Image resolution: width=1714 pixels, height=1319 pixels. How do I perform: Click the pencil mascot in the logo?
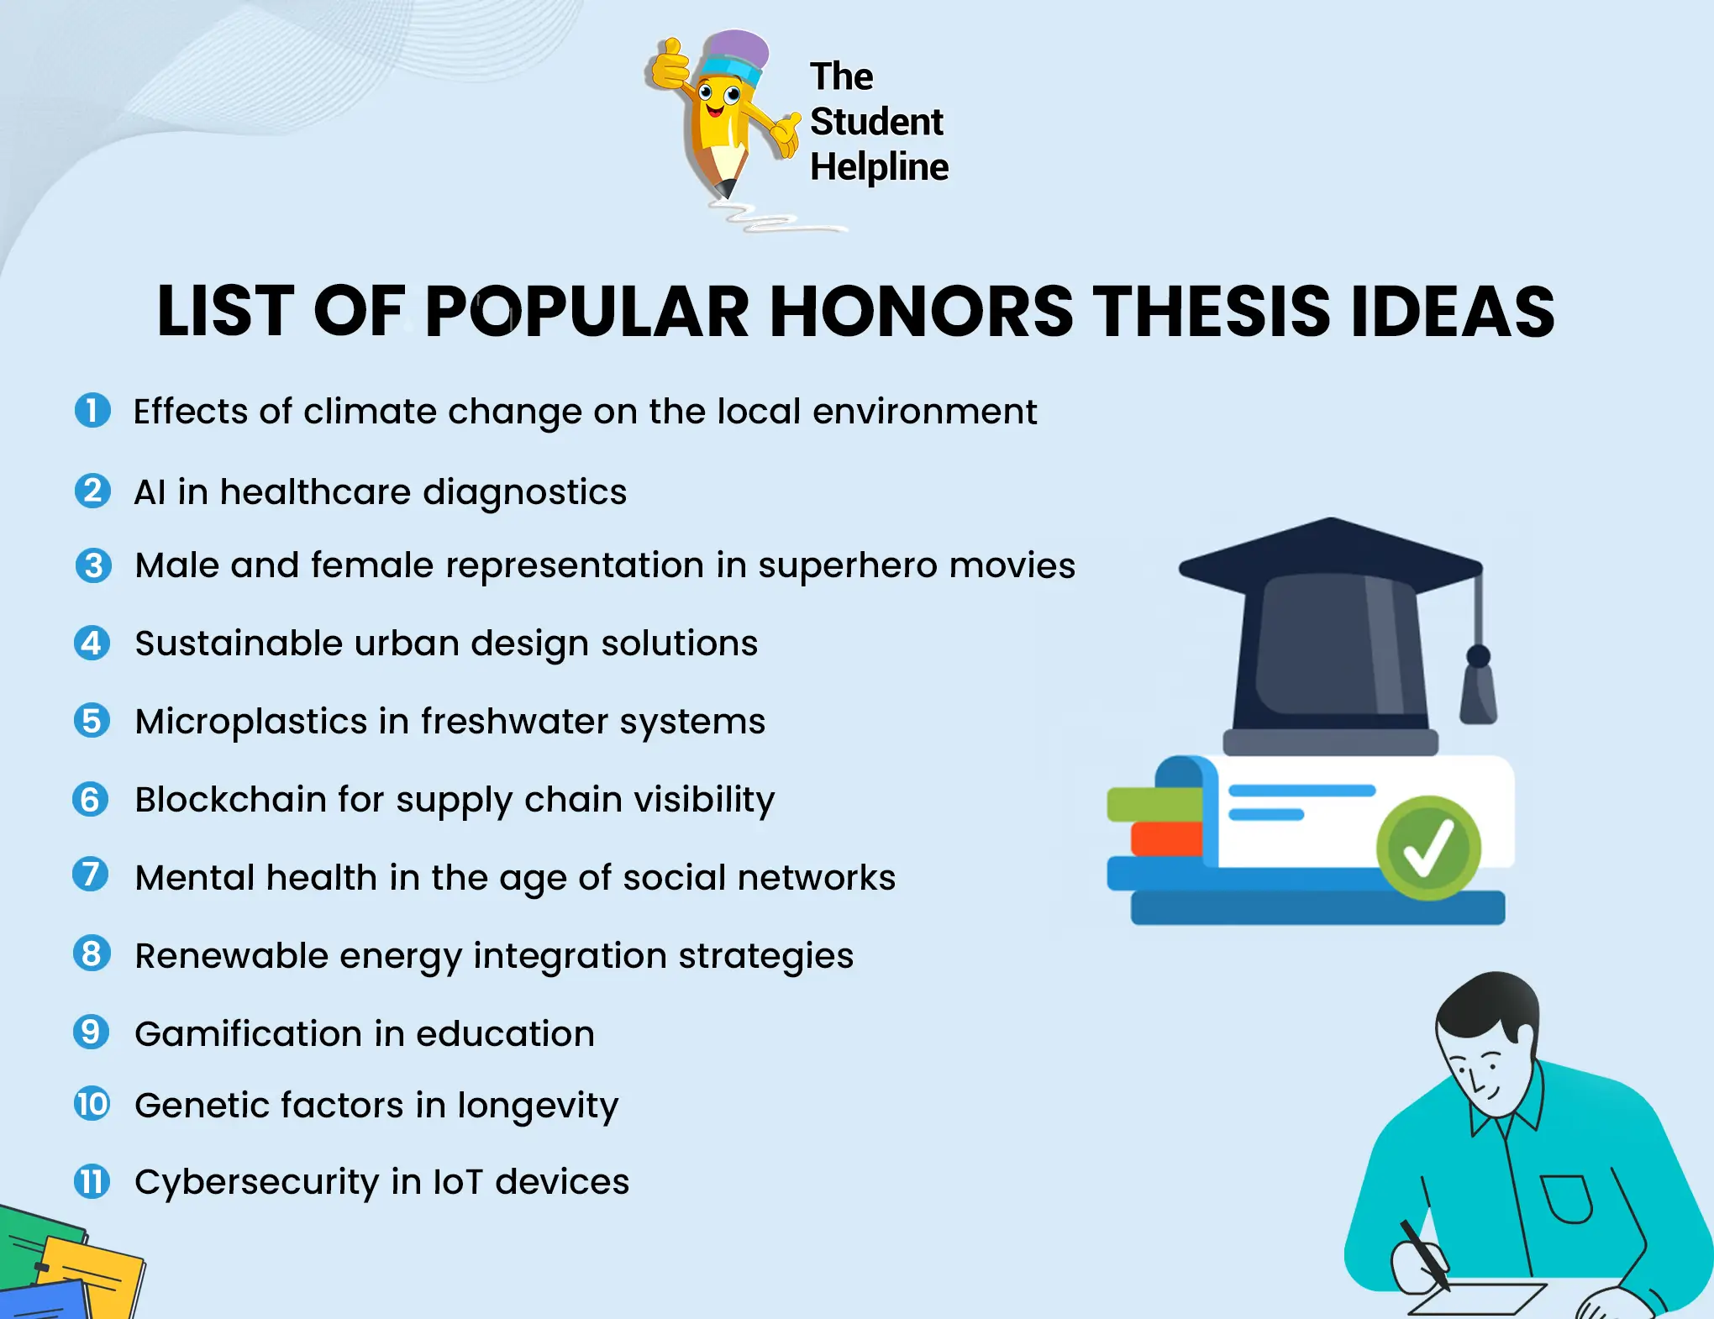click(x=719, y=118)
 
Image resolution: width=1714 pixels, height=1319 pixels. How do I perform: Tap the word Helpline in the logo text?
click(x=879, y=167)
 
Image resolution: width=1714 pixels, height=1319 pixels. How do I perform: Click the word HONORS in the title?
click(x=921, y=312)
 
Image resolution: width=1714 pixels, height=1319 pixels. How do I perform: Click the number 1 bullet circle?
click(x=92, y=411)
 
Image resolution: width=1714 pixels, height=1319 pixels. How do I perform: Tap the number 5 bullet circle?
click(x=92, y=721)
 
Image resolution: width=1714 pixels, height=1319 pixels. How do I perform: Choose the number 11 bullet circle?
click(x=92, y=1181)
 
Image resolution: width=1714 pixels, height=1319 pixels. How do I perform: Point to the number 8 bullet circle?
click(x=92, y=954)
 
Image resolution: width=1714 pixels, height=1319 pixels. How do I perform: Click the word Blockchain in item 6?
click(x=230, y=800)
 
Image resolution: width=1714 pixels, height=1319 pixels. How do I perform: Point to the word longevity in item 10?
click(x=537, y=1106)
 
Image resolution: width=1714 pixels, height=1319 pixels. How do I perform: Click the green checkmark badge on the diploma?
click(x=1427, y=847)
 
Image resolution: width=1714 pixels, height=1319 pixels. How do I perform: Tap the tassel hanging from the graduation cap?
click(x=1478, y=689)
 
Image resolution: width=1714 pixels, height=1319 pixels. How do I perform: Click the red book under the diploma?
click(x=1165, y=838)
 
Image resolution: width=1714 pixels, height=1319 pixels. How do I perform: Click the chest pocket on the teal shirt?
click(x=1566, y=1197)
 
